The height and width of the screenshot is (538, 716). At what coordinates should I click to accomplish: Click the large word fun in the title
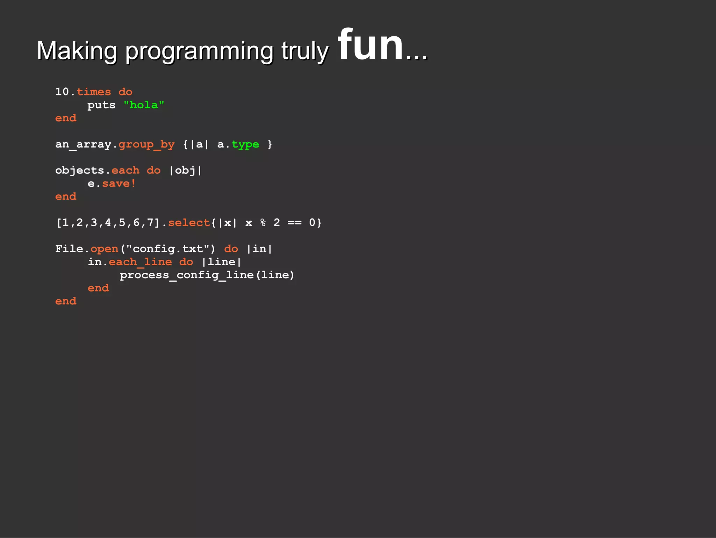coord(371,45)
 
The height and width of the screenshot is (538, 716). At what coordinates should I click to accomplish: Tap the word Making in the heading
coord(77,51)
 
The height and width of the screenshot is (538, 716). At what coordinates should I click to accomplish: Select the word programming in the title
coord(199,52)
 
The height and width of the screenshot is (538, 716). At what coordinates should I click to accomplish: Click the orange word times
coord(94,92)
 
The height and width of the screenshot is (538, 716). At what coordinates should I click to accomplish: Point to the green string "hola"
coord(144,105)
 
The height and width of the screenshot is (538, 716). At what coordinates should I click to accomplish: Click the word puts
coord(101,105)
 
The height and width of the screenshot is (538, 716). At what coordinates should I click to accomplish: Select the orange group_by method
coord(146,144)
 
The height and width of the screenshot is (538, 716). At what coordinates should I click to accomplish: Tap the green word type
coord(245,144)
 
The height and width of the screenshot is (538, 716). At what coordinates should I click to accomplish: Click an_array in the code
coord(83,144)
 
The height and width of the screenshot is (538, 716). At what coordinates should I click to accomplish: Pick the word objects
coord(80,171)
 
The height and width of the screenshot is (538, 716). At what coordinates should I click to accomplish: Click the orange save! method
coord(119,184)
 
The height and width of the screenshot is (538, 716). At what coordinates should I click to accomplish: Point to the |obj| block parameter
coord(185,171)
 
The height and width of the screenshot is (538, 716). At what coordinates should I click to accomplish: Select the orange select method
coord(189,223)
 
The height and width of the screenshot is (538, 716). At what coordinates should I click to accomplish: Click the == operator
coord(294,223)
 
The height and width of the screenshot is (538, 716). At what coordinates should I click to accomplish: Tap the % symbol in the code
coord(263,223)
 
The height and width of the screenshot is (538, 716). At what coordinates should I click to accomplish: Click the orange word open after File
coord(105,249)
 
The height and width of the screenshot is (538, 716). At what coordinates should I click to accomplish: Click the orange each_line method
coord(140,262)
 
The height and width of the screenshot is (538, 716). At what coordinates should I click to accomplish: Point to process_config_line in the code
coord(187,275)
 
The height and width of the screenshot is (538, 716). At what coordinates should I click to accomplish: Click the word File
coord(69,249)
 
